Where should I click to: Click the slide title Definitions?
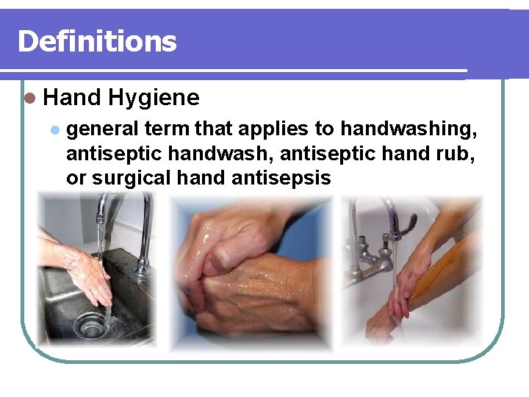(x=97, y=41)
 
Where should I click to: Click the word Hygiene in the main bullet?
(x=153, y=98)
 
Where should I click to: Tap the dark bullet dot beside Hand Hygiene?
(x=29, y=99)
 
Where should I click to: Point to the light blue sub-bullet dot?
(x=53, y=130)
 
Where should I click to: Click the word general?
(x=103, y=130)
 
